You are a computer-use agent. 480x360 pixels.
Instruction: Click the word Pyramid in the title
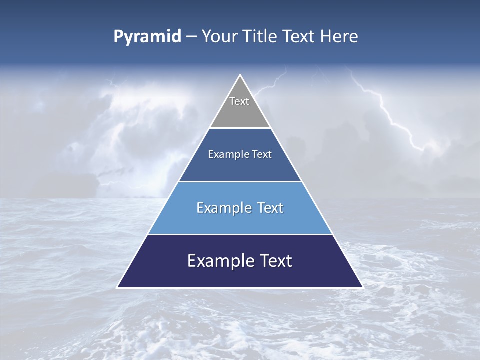147,37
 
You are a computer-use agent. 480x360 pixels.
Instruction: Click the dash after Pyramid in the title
191,37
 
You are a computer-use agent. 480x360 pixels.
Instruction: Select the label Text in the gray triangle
239,101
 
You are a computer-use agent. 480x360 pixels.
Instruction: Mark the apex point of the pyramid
240,75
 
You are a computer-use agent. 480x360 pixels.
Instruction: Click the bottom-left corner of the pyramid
118,287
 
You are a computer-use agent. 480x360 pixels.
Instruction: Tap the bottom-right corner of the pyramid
362,287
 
